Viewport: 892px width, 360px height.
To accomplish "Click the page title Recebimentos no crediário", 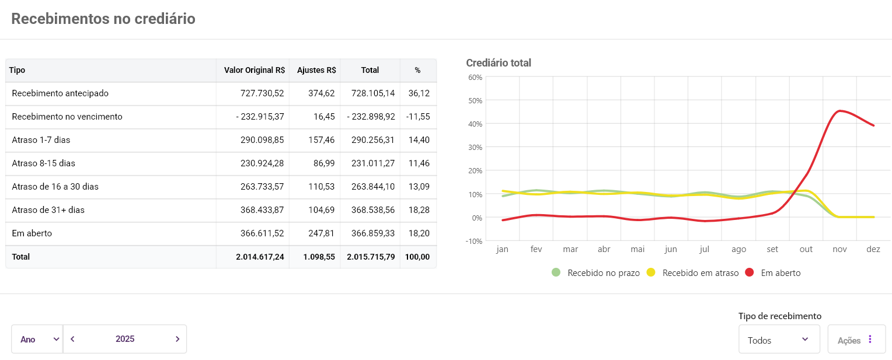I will tap(103, 19).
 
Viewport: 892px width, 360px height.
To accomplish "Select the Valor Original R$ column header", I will tap(255, 70).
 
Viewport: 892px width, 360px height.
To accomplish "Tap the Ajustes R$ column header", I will tap(316, 70).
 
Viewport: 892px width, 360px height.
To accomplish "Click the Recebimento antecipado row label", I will tap(60, 93).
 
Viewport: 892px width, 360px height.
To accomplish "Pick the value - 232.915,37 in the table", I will tap(260, 117).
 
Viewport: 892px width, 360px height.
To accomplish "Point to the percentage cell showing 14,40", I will tap(419, 140).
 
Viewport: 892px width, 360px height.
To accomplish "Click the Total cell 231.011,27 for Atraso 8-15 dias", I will tap(371, 163).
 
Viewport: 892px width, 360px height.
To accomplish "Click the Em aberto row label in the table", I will tap(32, 233).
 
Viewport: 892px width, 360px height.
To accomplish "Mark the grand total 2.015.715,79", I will tap(371, 257).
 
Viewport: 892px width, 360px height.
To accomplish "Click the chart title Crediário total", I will tap(499, 63).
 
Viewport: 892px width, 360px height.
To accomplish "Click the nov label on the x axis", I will tap(839, 249).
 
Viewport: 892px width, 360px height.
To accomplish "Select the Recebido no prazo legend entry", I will tap(596, 272).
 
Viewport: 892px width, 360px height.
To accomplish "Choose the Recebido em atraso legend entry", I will tap(693, 272).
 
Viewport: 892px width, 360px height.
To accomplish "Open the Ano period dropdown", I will tap(37, 339).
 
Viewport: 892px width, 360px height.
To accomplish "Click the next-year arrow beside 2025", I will tap(177, 339).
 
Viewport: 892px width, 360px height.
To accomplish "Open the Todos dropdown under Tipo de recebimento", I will tap(778, 339).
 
